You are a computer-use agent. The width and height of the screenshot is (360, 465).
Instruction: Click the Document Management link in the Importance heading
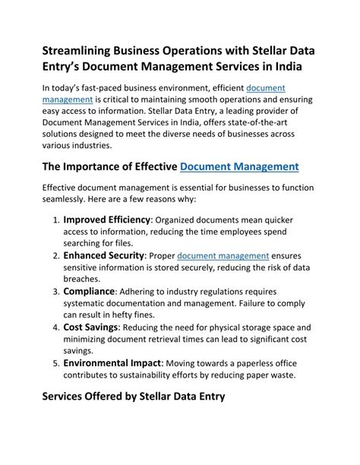pyautogui.click(x=239, y=166)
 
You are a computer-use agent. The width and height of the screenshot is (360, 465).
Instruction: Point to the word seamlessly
pyautogui.click(x=70, y=199)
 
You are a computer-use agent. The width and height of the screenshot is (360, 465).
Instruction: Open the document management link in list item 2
pyautogui.click(x=223, y=256)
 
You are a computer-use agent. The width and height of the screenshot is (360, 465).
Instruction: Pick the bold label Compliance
pyautogui.click(x=89, y=291)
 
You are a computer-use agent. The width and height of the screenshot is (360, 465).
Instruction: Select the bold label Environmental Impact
pyautogui.click(x=112, y=362)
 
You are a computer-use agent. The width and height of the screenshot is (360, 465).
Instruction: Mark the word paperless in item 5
pyautogui.click(x=265, y=363)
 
